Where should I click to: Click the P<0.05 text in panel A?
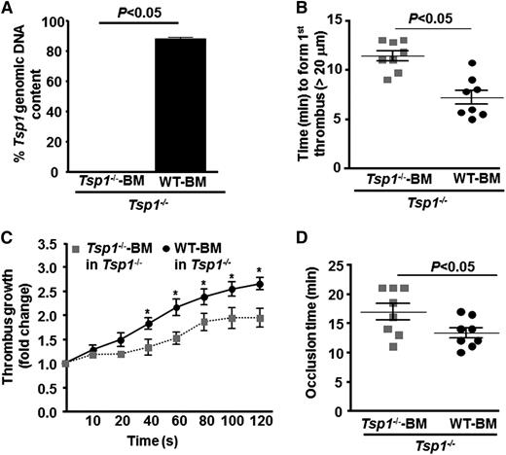[138, 13]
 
